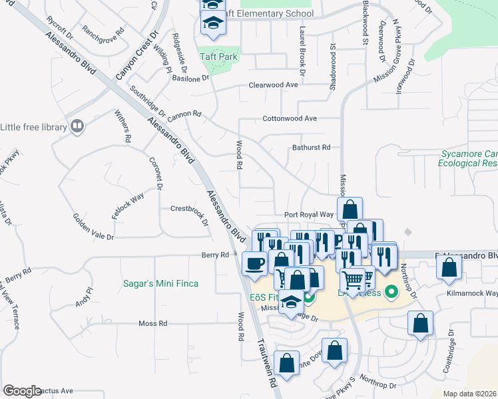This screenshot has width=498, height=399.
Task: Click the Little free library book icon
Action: tap(77, 126)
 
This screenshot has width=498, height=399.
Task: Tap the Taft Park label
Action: tap(218, 57)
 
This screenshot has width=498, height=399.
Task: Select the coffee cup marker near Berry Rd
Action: tap(254, 263)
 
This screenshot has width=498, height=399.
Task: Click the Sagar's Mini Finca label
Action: tap(160, 283)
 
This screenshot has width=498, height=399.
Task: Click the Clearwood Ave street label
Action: tap(273, 85)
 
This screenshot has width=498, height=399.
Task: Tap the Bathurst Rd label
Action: tap(312, 148)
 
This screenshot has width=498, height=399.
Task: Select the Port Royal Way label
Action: tap(308, 215)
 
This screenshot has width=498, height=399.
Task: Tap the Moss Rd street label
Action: tap(152, 323)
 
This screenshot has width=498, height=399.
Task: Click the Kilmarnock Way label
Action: tap(473, 293)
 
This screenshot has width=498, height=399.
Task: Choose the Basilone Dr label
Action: tap(190, 78)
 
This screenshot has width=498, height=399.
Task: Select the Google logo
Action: tap(22, 391)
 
